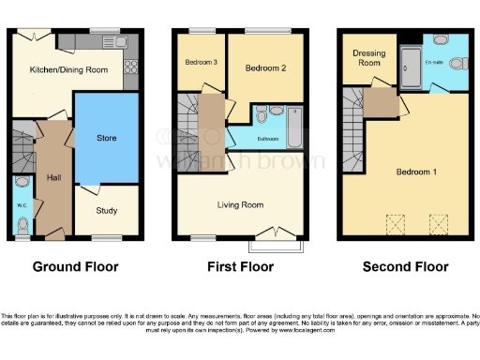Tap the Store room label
pyautogui.click(x=106, y=139)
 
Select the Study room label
pyautogui.click(x=106, y=210)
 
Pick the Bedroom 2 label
pyautogui.click(x=265, y=68)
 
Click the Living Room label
pyautogui.click(x=239, y=204)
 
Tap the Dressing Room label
pyautogui.click(x=369, y=58)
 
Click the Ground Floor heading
pyautogui.click(x=76, y=267)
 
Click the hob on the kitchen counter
pyautogui.click(x=131, y=66)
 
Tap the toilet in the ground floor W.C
pyautogui.click(x=22, y=224)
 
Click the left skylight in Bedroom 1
pyautogui.click(x=394, y=223)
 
